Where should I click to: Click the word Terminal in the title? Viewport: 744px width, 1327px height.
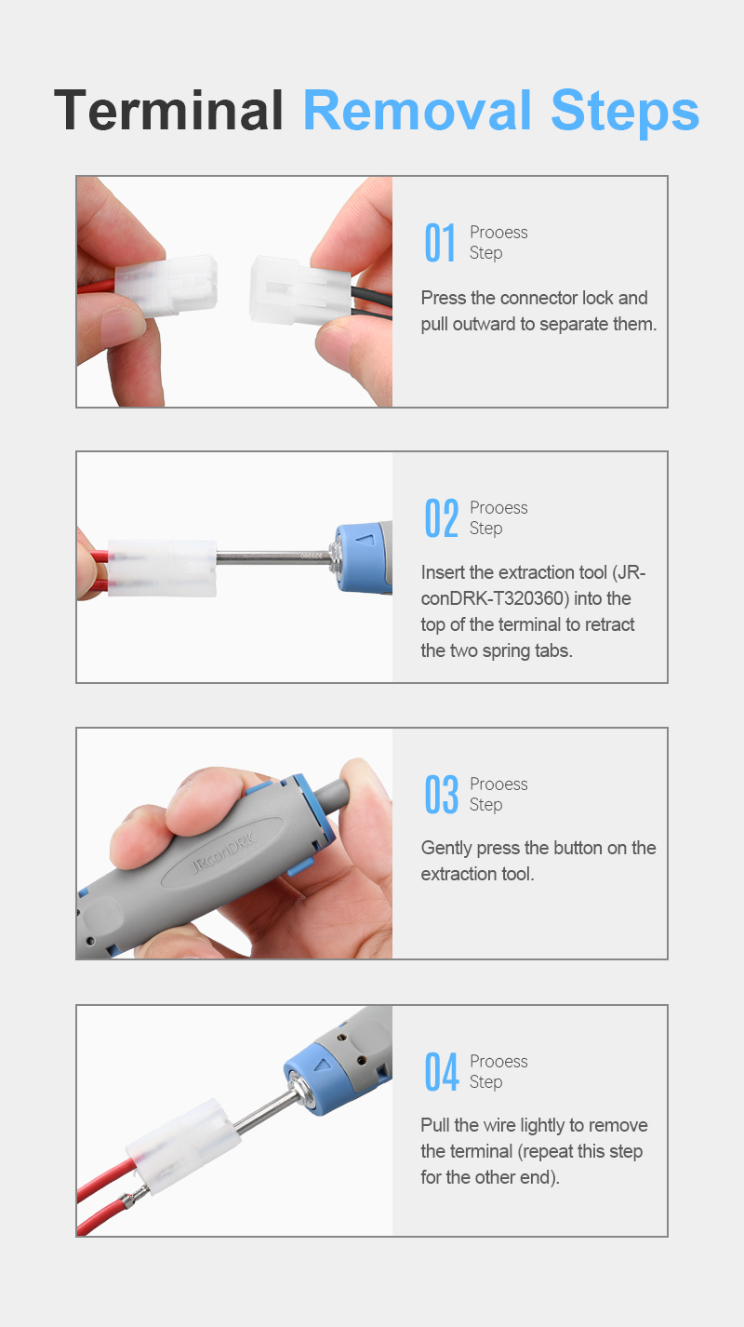click(x=168, y=110)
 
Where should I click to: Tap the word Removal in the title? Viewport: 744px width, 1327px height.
click(x=418, y=110)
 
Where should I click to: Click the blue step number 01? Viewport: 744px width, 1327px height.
click(x=440, y=243)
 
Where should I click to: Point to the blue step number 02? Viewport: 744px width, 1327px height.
click(x=442, y=518)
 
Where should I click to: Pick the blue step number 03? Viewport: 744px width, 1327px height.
click(x=442, y=795)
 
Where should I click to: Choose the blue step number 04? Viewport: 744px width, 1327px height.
click(x=442, y=1072)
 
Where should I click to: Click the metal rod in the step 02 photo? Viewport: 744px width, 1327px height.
click(x=273, y=556)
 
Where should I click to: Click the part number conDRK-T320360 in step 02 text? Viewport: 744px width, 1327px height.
click(x=495, y=599)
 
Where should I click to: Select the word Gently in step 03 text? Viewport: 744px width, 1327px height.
click(x=446, y=849)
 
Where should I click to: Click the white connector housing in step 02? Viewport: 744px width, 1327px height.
click(x=162, y=568)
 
